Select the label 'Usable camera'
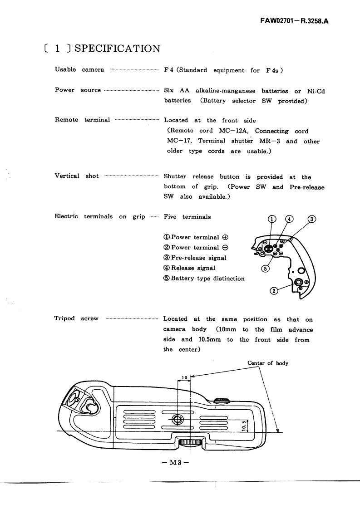pyautogui.click(x=79, y=70)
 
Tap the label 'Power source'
pyautogui.click(x=78, y=90)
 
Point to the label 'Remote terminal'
pyautogui.click(x=82, y=120)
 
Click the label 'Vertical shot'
pyautogui.click(x=76, y=176)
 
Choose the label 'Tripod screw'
pyautogui.click(x=76, y=318)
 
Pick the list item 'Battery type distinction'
pyautogui.click(x=207, y=278)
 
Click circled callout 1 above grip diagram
pyautogui.click(x=271, y=219)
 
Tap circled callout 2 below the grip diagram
pyautogui.click(x=274, y=291)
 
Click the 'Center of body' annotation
pyautogui.click(x=268, y=363)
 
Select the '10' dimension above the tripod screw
pyautogui.click(x=184, y=377)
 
